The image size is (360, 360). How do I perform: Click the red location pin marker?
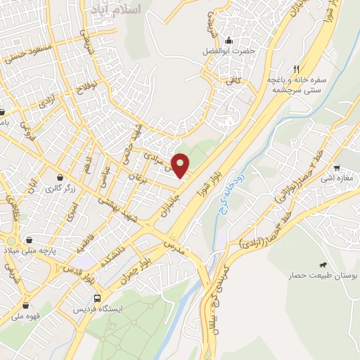(181, 165)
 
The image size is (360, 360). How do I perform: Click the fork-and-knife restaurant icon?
(296, 69)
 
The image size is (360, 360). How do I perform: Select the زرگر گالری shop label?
(60, 189)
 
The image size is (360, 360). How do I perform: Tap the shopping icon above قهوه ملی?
(26, 306)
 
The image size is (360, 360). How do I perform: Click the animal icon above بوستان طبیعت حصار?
(322, 264)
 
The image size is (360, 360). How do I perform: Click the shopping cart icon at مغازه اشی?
(337, 168)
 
